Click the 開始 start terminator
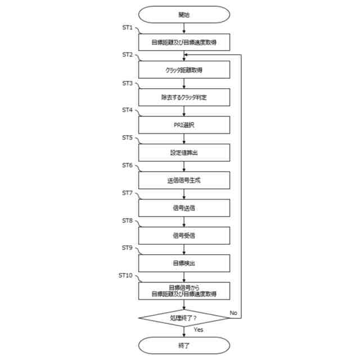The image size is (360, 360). pyautogui.click(x=184, y=15)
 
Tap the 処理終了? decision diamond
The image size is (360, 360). pyautogui.click(x=184, y=318)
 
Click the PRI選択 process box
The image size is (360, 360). pyautogui.click(x=184, y=125)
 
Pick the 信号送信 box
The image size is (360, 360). pyautogui.click(x=184, y=208)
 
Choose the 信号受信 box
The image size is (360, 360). pyautogui.click(x=184, y=235)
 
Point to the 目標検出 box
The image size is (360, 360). pyautogui.click(x=184, y=263)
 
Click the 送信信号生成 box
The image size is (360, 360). pyautogui.click(x=184, y=180)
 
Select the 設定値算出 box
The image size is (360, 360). pyautogui.click(x=184, y=152)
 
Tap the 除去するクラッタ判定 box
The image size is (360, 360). pyautogui.click(x=184, y=97)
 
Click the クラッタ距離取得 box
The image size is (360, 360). pyautogui.click(x=184, y=70)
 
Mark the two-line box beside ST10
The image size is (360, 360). pyautogui.click(x=184, y=290)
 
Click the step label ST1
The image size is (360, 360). pyautogui.click(x=128, y=27)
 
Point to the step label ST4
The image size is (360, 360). pyautogui.click(x=128, y=110)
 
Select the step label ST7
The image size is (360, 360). pyautogui.click(x=128, y=192)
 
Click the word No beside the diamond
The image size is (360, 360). pyautogui.click(x=234, y=310)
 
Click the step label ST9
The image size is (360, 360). pyautogui.click(x=128, y=247)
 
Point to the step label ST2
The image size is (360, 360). pyautogui.click(x=128, y=55)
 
